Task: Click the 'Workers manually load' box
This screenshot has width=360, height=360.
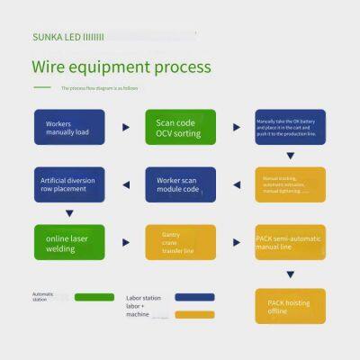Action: [68, 127]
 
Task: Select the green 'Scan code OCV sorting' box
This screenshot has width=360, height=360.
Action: [180, 127]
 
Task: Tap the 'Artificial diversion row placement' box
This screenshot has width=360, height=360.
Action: [68, 184]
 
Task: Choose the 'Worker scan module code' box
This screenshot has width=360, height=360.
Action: [180, 184]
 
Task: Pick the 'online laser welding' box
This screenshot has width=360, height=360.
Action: [68, 242]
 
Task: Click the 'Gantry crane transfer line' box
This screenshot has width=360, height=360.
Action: [180, 242]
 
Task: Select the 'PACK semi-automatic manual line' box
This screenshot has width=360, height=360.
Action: [290, 242]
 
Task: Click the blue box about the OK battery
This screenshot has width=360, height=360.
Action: [290, 127]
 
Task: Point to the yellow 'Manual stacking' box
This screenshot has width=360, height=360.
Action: [290, 184]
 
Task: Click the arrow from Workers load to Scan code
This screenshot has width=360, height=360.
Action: [125, 127]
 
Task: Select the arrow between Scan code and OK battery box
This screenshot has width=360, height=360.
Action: [236, 127]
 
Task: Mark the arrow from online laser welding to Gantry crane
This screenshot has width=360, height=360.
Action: [125, 242]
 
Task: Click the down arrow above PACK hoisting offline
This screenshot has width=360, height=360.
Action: [290, 274]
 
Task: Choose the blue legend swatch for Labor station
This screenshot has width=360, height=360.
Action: [194, 297]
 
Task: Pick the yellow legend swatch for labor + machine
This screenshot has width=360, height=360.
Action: [194, 314]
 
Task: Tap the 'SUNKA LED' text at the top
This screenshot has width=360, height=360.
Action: [56, 36]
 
